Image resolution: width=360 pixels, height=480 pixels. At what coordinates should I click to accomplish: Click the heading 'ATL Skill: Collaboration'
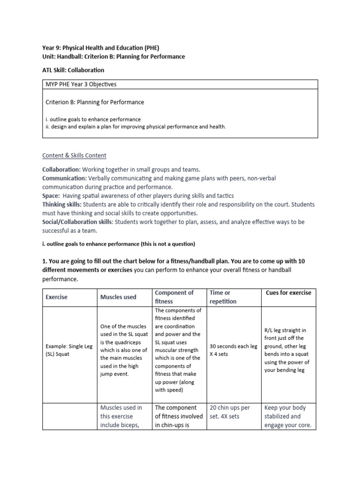click(73, 70)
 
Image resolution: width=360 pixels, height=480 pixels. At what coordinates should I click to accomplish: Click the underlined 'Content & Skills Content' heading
click(75, 155)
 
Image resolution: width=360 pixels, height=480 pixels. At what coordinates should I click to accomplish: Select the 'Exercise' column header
click(56, 297)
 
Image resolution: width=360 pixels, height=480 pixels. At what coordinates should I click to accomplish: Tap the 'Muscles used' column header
click(118, 297)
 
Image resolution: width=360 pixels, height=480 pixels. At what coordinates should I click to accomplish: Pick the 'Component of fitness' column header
click(174, 297)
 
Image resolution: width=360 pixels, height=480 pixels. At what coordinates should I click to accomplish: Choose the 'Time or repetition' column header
click(224, 297)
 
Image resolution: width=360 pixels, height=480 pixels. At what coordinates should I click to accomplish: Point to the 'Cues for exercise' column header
click(288, 292)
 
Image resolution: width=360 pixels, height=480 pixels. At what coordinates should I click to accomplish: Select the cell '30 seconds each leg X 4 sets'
click(233, 350)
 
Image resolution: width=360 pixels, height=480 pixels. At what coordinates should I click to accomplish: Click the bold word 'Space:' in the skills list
click(51, 195)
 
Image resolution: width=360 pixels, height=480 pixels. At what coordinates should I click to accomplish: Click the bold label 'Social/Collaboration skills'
click(77, 222)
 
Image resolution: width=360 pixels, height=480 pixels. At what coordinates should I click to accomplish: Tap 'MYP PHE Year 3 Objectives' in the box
click(81, 84)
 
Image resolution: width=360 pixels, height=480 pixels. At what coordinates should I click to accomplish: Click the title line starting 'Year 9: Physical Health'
click(104, 47)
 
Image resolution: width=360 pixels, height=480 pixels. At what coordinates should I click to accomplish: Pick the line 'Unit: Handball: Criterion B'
click(113, 56)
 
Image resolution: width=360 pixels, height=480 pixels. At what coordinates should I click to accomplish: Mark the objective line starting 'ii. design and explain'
click(135, 127)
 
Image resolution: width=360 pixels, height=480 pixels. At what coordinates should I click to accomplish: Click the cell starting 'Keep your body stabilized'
click(288, 416)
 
